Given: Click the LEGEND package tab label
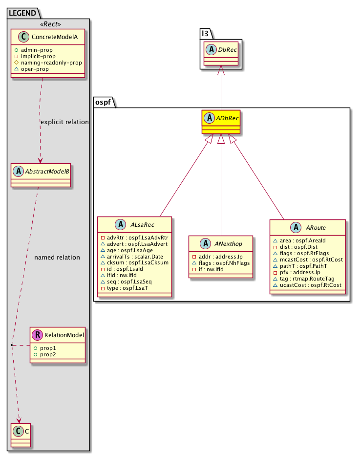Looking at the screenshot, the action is click(x=22, y=13).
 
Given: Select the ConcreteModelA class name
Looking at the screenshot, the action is click(x=55, y=37).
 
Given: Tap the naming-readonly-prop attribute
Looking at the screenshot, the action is click(x=51, y=63).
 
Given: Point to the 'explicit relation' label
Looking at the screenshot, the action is click(x=64, y=122).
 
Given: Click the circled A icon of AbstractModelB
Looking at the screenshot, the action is click(x=18, y=171).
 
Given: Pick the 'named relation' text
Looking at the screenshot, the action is click(x=57, y=258).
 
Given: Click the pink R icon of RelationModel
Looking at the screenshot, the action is click(x=38, y=335).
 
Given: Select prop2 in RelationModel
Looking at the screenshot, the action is click(x=48, y=354).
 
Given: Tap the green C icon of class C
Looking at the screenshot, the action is click(x=18, y=431).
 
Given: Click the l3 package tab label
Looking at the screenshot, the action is click(x=205, y=34).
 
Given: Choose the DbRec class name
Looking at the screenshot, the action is click(x=228, y=50).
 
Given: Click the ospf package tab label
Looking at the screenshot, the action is click(x=103, y=102).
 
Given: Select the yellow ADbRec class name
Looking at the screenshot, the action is click(x=227, y=118).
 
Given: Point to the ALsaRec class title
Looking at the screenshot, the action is click(x=142, y=225).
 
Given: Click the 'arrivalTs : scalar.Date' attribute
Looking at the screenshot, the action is click(x=135, y=257).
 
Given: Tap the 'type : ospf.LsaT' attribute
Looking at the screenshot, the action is click(x=127, y=288).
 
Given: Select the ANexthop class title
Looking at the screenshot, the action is click(x=229, y=244).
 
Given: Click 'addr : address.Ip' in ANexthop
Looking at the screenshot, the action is click(x=220, y=257).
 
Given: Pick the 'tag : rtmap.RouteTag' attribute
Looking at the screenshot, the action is click(x=307, y=279).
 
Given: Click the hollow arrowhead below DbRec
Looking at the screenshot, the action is click(x=221, y=70).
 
